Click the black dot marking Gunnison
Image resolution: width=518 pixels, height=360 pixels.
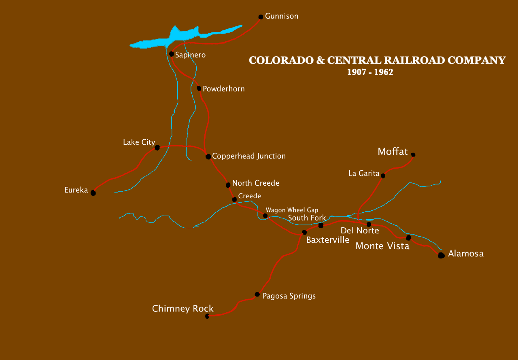(261, 17)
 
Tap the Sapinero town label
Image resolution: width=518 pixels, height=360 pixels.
(190, 55)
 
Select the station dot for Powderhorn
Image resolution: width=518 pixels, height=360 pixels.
(199, 89)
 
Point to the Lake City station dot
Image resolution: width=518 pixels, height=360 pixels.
(157, 148)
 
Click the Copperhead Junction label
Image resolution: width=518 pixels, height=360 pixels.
(249, 156)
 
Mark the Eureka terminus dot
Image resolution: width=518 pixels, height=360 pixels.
(93, 193)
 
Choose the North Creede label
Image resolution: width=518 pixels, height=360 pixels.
(256, 183)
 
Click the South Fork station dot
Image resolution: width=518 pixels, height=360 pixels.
(321, 225)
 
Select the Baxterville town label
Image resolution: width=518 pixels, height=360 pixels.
(328, 240)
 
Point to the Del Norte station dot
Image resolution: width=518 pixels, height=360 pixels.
(369, 224)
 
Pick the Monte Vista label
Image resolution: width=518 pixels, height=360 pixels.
(382, 246)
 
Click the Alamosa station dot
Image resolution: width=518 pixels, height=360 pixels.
(441, 255)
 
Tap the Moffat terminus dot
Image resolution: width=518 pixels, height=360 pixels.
(413, 155)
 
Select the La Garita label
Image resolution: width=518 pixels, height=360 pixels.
(364, 174)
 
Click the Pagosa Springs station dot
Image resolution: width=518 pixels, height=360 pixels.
(257, 294)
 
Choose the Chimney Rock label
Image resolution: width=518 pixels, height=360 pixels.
(183, 309)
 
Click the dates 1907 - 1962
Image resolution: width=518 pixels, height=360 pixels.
(370, 72)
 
